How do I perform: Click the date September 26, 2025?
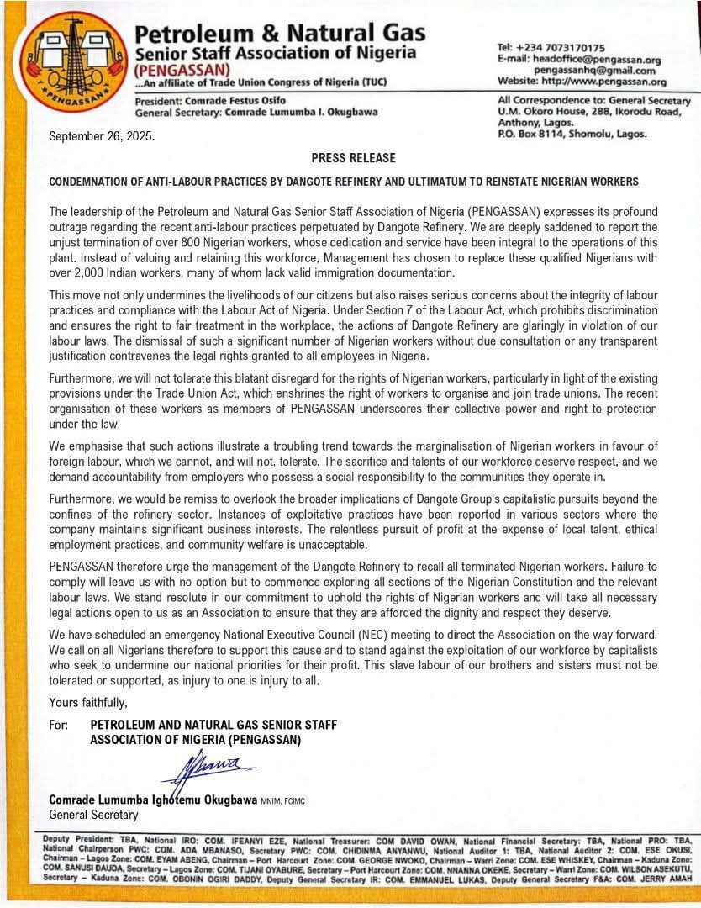[x=102, y=135]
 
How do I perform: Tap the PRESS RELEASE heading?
[x=341, y=158]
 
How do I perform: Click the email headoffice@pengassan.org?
[x=590, y=60]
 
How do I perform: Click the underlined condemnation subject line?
[x=344, y=182]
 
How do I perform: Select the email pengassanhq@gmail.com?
[x=594, y=71]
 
